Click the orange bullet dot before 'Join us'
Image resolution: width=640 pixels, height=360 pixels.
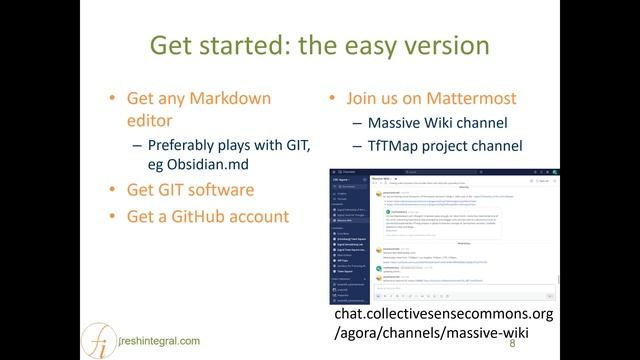332,100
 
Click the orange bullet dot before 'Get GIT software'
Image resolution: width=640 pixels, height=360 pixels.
113,190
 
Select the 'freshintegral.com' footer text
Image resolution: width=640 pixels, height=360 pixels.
156,340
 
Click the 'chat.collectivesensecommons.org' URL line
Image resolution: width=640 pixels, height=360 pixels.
445,314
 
